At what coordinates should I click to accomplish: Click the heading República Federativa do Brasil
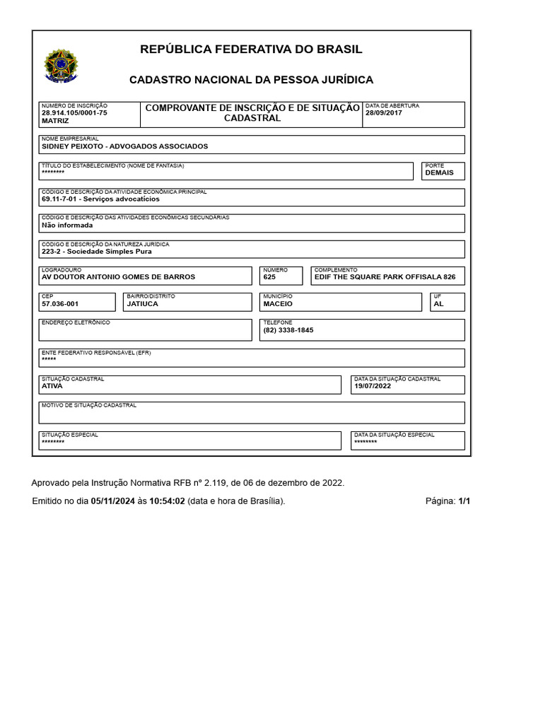coord(251,49)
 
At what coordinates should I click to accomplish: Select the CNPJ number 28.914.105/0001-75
coord(74,113)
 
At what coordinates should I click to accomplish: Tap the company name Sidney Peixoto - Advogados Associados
coord(125,146)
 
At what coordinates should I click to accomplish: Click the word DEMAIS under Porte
coord(439,173)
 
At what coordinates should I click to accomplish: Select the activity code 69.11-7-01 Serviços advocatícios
coord(100,199)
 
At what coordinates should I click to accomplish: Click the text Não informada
coord(67,226)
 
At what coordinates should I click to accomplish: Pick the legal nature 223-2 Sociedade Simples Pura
coord(96,251)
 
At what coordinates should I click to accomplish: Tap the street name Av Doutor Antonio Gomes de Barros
coord(118,277)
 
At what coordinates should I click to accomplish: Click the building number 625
coord(269,277)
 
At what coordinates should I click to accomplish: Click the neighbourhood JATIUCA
coord(142,303)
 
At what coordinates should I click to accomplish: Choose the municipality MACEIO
coord(277,303)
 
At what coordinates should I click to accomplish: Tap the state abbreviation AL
coord(438,303)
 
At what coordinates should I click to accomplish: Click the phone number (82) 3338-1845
coord(288,330)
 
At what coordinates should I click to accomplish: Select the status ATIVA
coord(52,386)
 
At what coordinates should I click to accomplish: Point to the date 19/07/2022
coord(373,386)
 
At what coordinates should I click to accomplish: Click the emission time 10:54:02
coord(167,501)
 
